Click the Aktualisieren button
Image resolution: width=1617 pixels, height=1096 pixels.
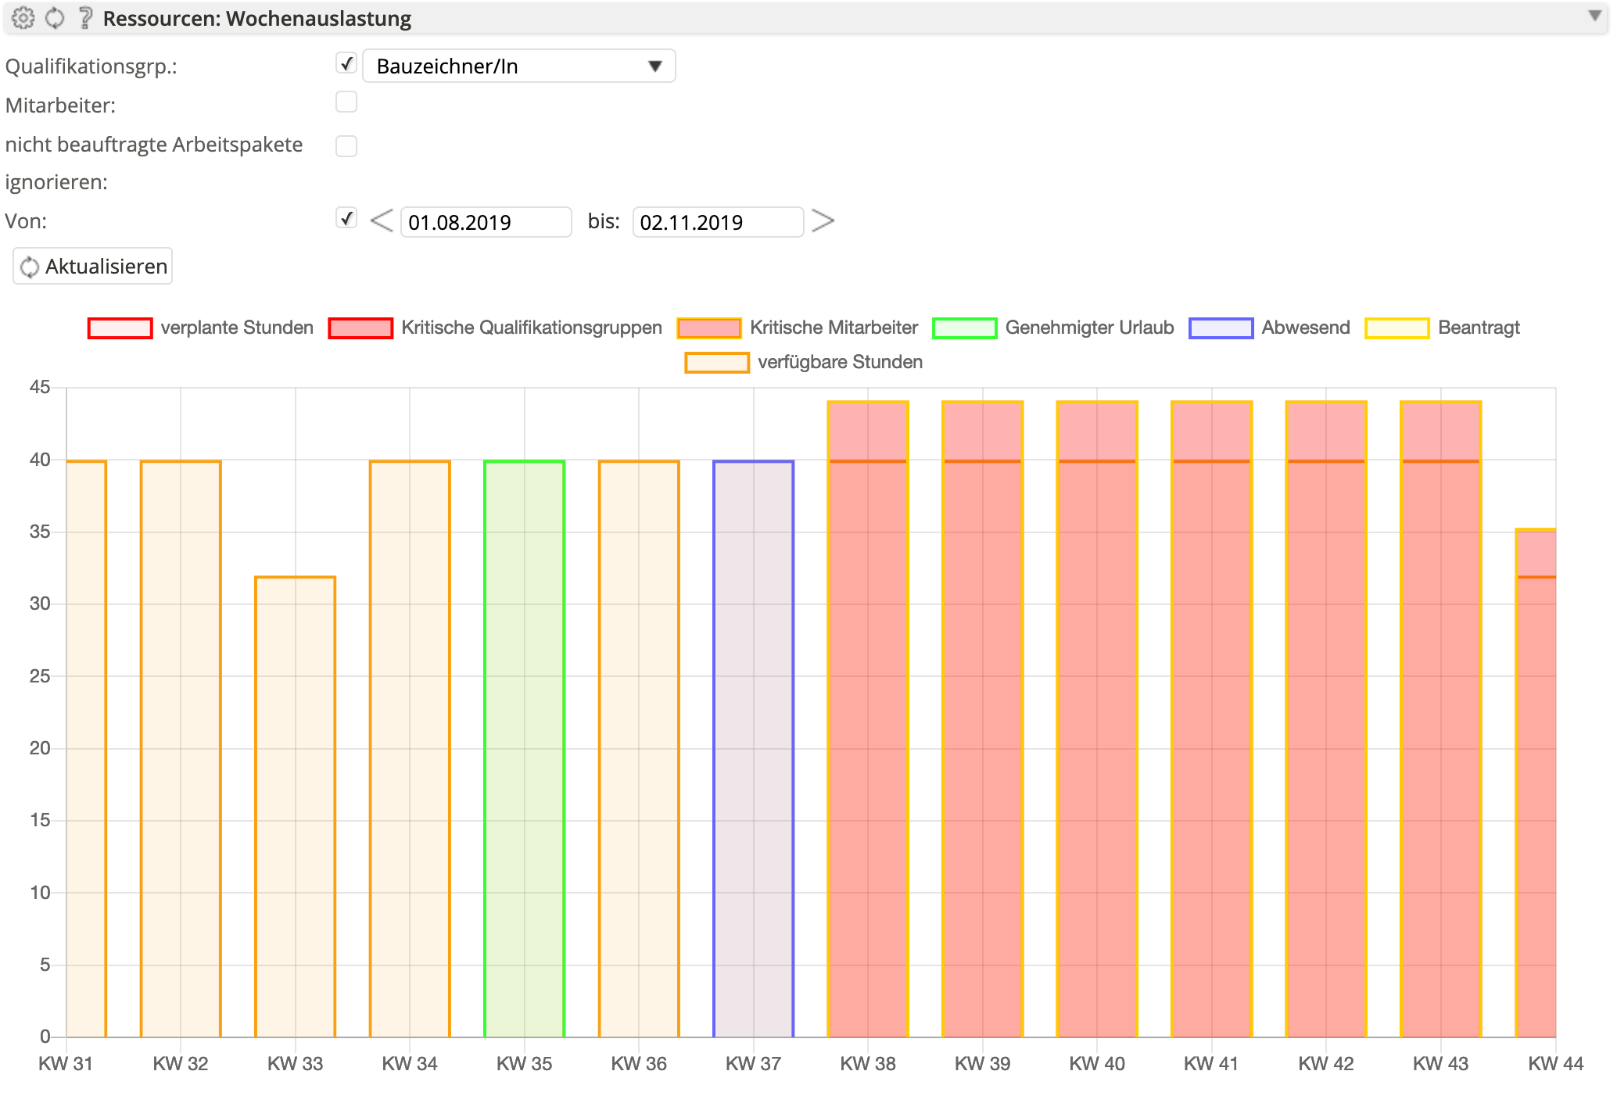[x=93, y=267]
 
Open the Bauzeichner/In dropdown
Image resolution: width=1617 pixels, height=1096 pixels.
[x=518, y=66]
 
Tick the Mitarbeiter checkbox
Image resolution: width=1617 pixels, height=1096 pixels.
[x=346, y=102]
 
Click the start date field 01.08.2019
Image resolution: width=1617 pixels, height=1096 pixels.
[x=486, y=222]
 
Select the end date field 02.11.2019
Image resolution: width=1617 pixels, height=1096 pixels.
[x=717, y=222]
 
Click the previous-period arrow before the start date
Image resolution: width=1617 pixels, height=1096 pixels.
[x=382, y=221]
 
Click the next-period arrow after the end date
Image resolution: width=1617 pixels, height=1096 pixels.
[x=823, y=221]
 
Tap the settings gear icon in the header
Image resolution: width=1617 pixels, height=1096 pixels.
[x=23, y=18]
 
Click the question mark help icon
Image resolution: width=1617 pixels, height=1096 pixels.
[x=85, y=18]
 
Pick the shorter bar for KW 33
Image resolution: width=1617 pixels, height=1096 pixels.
[x=295, y=806]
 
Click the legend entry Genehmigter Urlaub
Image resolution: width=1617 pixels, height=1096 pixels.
[x=1053, y=328]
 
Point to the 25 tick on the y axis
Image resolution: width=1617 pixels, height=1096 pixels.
[x=40, y=676]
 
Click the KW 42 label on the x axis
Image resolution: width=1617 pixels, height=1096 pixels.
[x=1325, y=1063]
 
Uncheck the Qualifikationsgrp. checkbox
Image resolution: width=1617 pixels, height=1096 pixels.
[x=346, y=63]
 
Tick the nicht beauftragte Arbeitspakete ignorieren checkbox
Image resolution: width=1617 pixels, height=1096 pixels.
[x=346, y=146]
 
